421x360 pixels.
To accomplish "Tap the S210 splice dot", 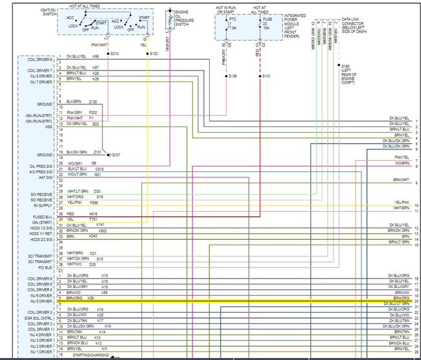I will click(x=108, y=53).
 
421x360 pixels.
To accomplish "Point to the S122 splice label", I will click(x=154, y=53).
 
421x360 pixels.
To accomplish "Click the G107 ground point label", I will click(x=115, y=155).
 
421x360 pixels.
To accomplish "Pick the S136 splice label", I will click(x=233, y=76).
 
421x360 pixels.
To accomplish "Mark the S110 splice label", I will click(x=266, y=76).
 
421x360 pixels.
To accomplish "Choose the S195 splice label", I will click(x=347, y=66).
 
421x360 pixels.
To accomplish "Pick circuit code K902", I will click(x=102, y=231).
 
